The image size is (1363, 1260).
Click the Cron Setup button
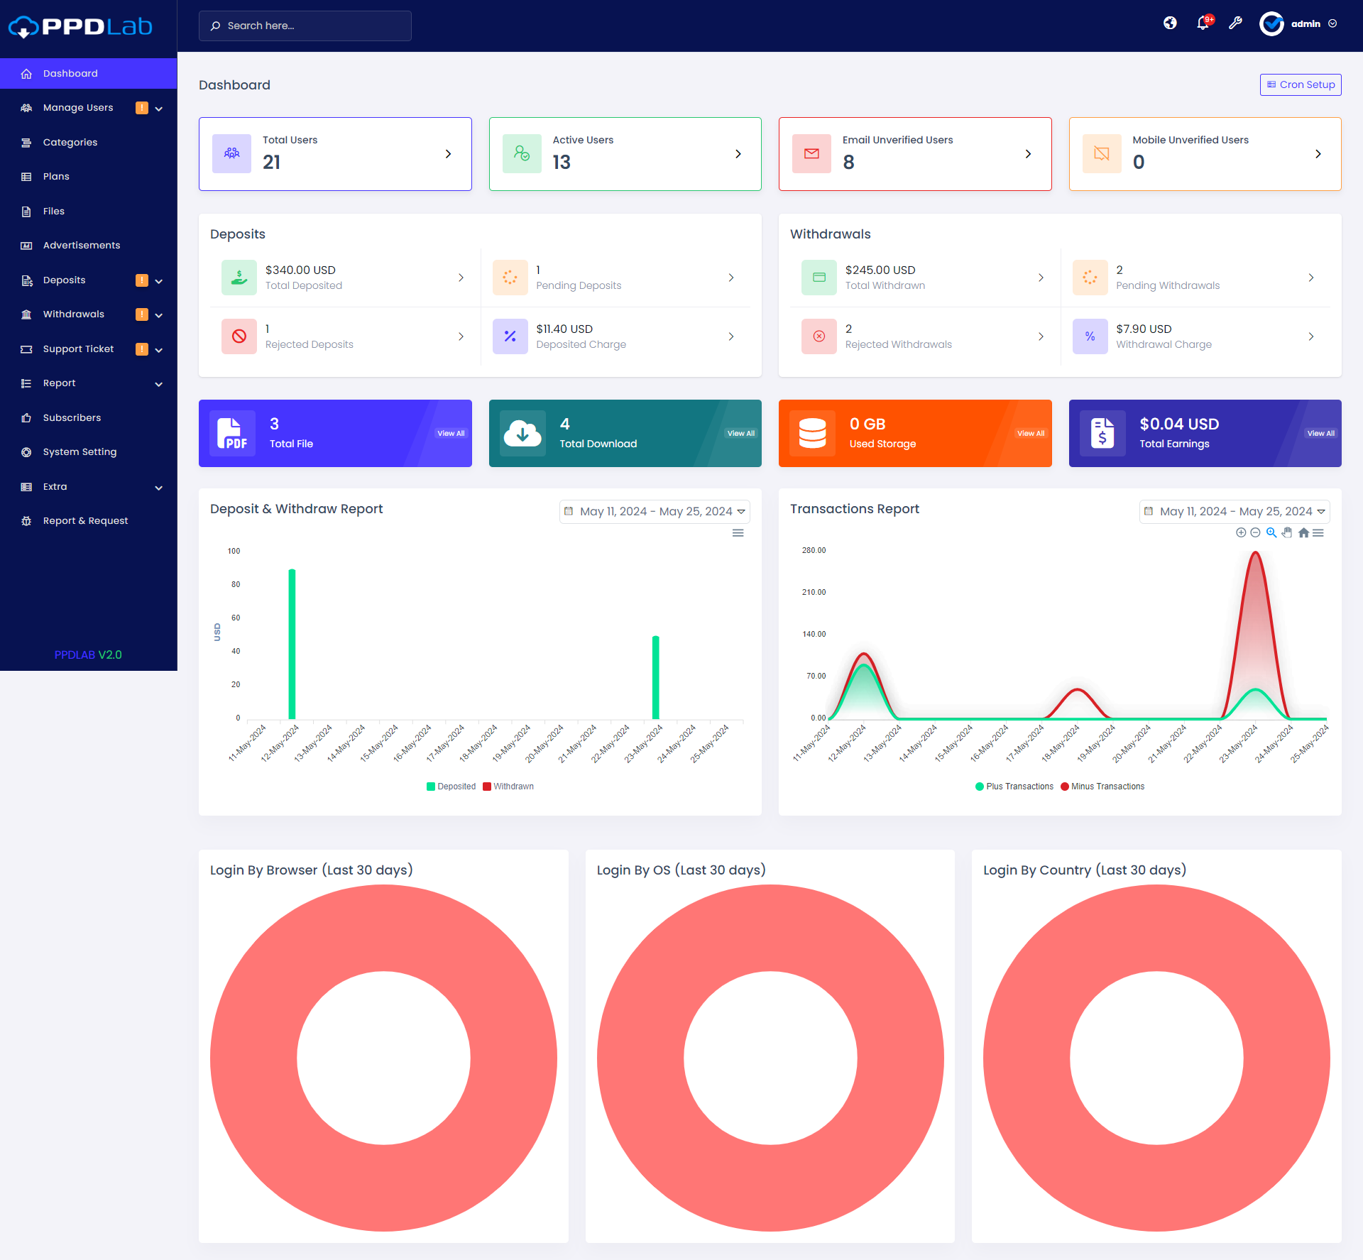(1301, 84)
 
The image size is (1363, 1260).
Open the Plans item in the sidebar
(56, 177)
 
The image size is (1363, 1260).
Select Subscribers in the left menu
(72, 417)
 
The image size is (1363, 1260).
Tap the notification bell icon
(1203, 23)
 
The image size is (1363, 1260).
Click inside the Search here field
(305, 26)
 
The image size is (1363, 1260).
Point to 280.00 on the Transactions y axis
(814, 550)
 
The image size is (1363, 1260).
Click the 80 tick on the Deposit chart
(236, 584)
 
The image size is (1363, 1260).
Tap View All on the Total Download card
(740, 433)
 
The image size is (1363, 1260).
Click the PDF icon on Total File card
(232, 433)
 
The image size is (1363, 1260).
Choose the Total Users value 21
(272, 163)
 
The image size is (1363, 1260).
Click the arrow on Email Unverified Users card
(1028, 154)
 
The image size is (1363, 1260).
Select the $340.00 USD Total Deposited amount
(300, 270)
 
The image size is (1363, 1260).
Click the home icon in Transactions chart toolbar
(1303, 533)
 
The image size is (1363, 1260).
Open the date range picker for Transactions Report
(1235, 511)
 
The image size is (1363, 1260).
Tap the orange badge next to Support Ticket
(142, 349)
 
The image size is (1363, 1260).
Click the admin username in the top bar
(1305, 24)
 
